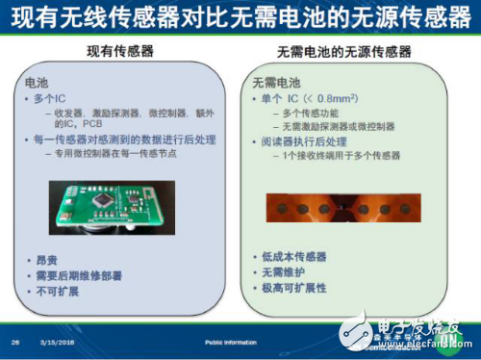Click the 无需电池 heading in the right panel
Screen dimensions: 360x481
[x=277, y=85]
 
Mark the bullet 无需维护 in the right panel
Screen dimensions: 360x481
[x=286, y=273]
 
